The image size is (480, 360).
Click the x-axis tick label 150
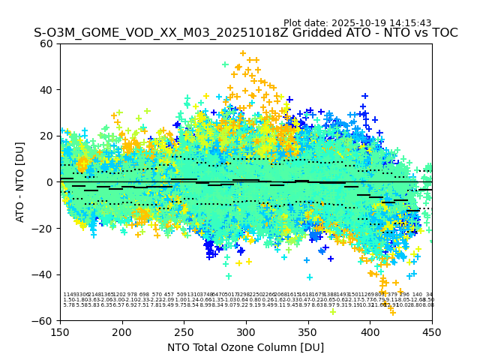(x=60, y=331)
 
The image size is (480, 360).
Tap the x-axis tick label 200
(x=122, y=331)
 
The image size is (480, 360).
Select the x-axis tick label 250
(x=184, y=331)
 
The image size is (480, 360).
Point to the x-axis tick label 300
(x=246, y=331)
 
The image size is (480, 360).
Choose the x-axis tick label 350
(x=308, y=331)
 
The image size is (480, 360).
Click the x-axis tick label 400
(x=370, y=331)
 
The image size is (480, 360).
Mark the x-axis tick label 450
(x=432, y=331)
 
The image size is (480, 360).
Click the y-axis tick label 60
(x=47, y=43)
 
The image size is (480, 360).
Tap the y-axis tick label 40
(x=47, y=90)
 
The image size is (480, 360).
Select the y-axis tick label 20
(x=47, y=136)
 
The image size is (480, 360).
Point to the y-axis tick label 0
(x=50, y=182)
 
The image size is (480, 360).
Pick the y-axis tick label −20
(x=44, y=228)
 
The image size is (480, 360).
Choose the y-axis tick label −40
(x=44, y=274)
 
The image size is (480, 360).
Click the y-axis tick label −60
(x=44, y=320)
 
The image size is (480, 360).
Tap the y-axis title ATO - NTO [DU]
(x=20, y=182)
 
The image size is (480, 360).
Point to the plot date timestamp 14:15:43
(x=409, y=23)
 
